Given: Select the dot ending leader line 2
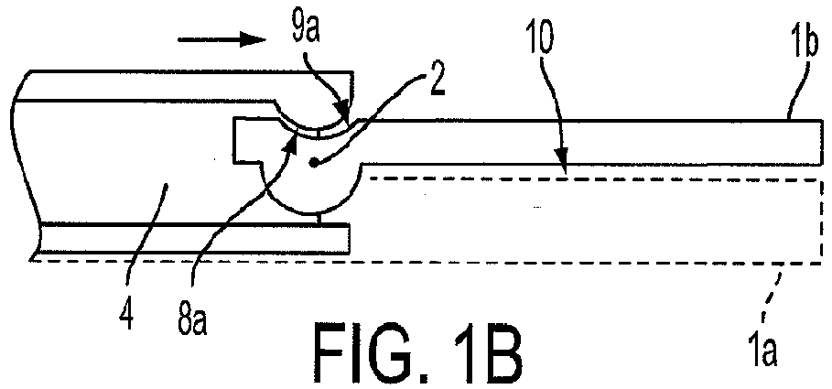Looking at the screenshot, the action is (315, 164).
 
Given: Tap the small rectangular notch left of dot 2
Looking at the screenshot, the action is (248, 141).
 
